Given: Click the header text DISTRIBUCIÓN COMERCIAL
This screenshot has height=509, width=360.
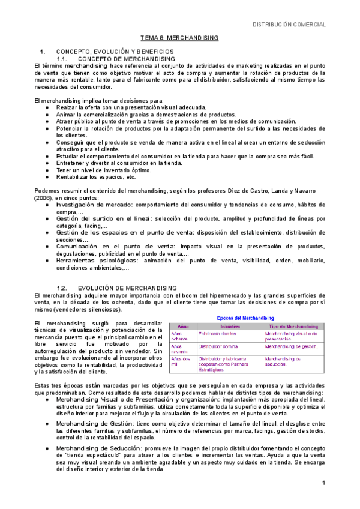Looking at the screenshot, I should click(x=289, y=25).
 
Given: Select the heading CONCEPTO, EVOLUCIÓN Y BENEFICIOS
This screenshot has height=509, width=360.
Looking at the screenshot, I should click(x=115, y=52).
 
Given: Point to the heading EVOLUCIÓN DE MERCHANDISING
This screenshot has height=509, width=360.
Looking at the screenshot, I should click(x=128, y=288).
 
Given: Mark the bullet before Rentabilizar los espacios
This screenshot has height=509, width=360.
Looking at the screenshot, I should click(x=47, y=177).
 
